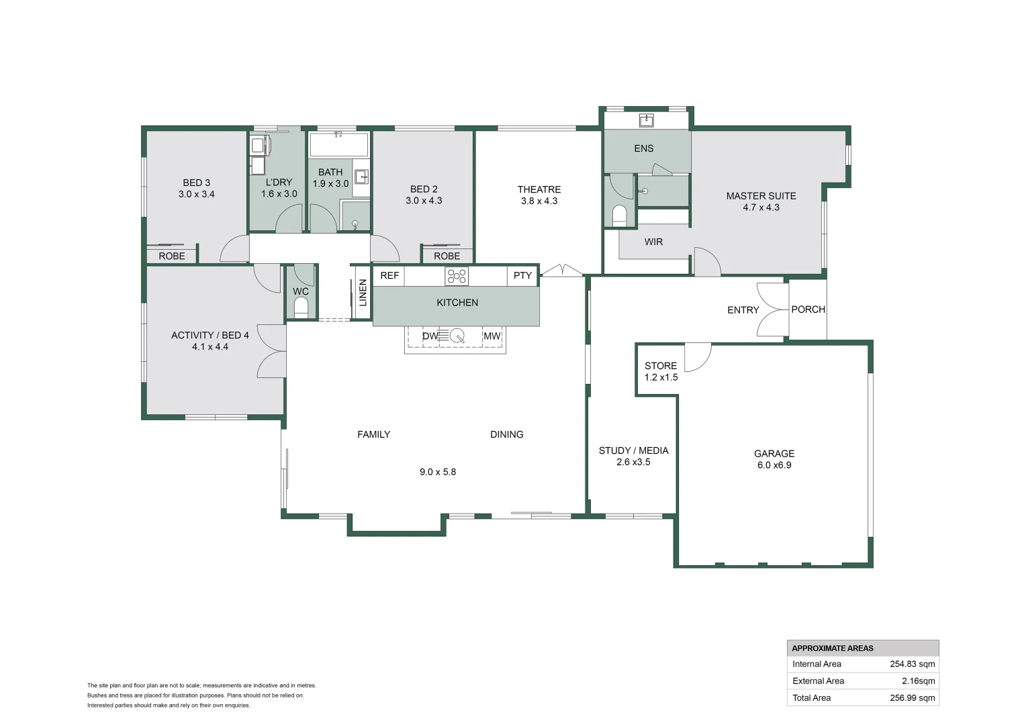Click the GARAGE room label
(x=774, y=454)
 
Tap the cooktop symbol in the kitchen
(x=457, y=276)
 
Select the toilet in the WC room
(x=301, y=307)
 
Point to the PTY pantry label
(x=522, y=276)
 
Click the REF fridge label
(x=389, y=276)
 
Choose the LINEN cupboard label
(x=363, y=293)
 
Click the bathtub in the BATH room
(x=338, y=144)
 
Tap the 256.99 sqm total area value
(x=912, y=697)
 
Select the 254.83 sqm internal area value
(x=912, y=664)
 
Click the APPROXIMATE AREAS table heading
(x=833, y=648)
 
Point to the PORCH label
(x=808, y=309)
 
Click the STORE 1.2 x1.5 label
(x=661, y=371)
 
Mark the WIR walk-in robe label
(x=653, y=242)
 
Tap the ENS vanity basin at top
(x=646, y=121)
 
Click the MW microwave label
(x=492, y=336)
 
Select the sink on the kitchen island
(x=457, y=336)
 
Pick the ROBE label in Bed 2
(x=447, y=256)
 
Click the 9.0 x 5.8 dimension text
(x=438, y=472)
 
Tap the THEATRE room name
(x=539, y=189)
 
